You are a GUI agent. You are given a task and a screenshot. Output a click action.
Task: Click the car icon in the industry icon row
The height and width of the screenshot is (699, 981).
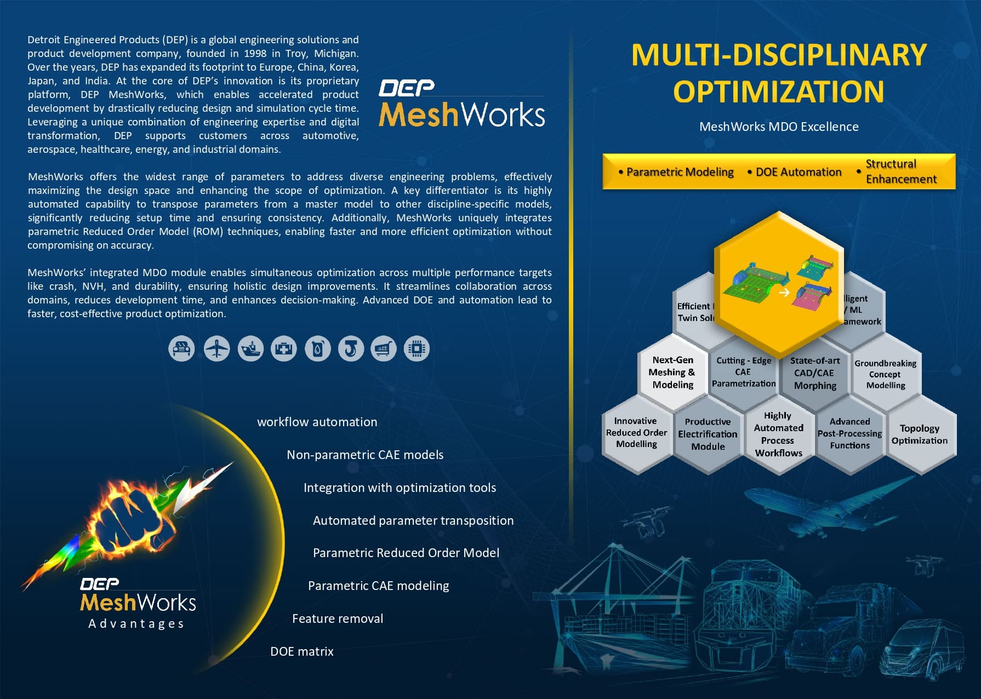coord(181,348)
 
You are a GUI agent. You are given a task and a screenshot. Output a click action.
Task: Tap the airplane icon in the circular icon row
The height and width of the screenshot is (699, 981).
coord(217,348)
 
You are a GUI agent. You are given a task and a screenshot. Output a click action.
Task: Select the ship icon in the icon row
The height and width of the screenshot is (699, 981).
coord(250,348)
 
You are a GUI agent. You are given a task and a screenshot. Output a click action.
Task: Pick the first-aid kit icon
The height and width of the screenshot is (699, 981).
coord(284,348)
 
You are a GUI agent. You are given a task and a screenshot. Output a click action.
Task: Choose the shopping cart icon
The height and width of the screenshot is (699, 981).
coord(384,348)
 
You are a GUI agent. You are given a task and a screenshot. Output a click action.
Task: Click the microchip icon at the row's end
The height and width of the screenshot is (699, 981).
coord(417,348)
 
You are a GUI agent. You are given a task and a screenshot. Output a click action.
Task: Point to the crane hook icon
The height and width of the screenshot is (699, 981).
coord(351,348)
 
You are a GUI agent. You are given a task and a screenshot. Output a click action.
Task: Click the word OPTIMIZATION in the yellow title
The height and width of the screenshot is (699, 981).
coord(778,91)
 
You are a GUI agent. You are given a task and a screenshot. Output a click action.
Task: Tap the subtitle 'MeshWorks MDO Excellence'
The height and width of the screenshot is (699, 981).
coord(779,127)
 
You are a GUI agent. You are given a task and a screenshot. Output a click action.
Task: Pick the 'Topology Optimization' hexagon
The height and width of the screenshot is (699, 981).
coord(919,434)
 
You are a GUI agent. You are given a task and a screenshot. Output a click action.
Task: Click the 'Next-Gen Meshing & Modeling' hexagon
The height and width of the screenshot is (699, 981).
coord(672,373)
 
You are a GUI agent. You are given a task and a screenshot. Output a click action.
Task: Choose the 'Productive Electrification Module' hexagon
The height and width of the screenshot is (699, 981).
coord(708,434)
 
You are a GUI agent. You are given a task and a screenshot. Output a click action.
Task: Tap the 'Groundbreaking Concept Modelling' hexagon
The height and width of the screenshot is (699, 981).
coord(885,374)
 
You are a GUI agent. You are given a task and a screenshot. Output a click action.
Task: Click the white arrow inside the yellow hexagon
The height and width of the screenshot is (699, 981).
coord(784,293)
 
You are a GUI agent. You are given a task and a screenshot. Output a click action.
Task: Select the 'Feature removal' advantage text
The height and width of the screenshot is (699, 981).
coord(338,618)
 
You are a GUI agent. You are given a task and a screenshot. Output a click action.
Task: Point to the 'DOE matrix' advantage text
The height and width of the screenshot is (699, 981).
coord(302,651)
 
